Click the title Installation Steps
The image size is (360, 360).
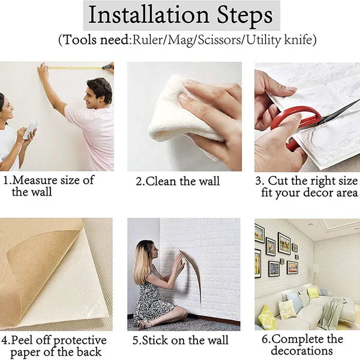[x=180, y=15]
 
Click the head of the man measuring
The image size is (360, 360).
[x=99, y=90]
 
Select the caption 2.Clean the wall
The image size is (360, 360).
[x=178, y=182]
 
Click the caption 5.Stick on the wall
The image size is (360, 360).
[x=179, y=341]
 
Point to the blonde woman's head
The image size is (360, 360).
[x=146, y=252]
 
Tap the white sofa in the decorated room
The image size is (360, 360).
[x=300, y=312]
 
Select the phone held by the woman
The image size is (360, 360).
[x=30, y=131]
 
